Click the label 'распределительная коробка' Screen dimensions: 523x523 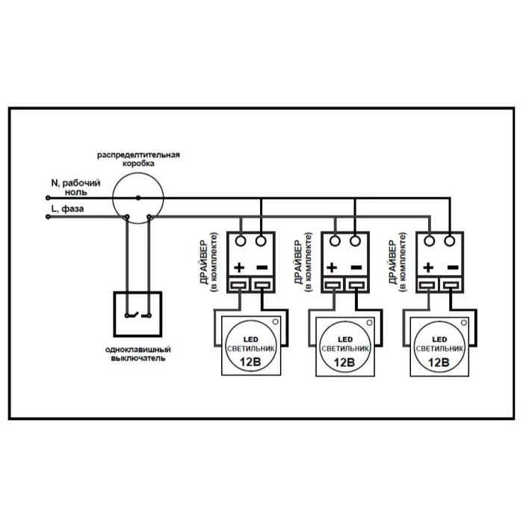(x=138, y=158)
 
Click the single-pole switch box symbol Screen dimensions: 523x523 (x=137, y=314)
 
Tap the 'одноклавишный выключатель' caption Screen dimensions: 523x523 (x=137, y=353)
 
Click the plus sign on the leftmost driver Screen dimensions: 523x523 (x=240, y=267)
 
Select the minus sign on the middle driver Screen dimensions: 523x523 (x=356, y=267)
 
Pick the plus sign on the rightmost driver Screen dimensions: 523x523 (x=428, y=267)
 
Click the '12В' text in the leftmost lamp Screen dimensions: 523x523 (x=251, y=362)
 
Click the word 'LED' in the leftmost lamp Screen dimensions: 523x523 (x=251, y=338)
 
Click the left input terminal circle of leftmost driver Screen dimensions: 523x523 (x=241, y=241)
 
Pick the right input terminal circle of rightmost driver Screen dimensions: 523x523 (x=450, y=241)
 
